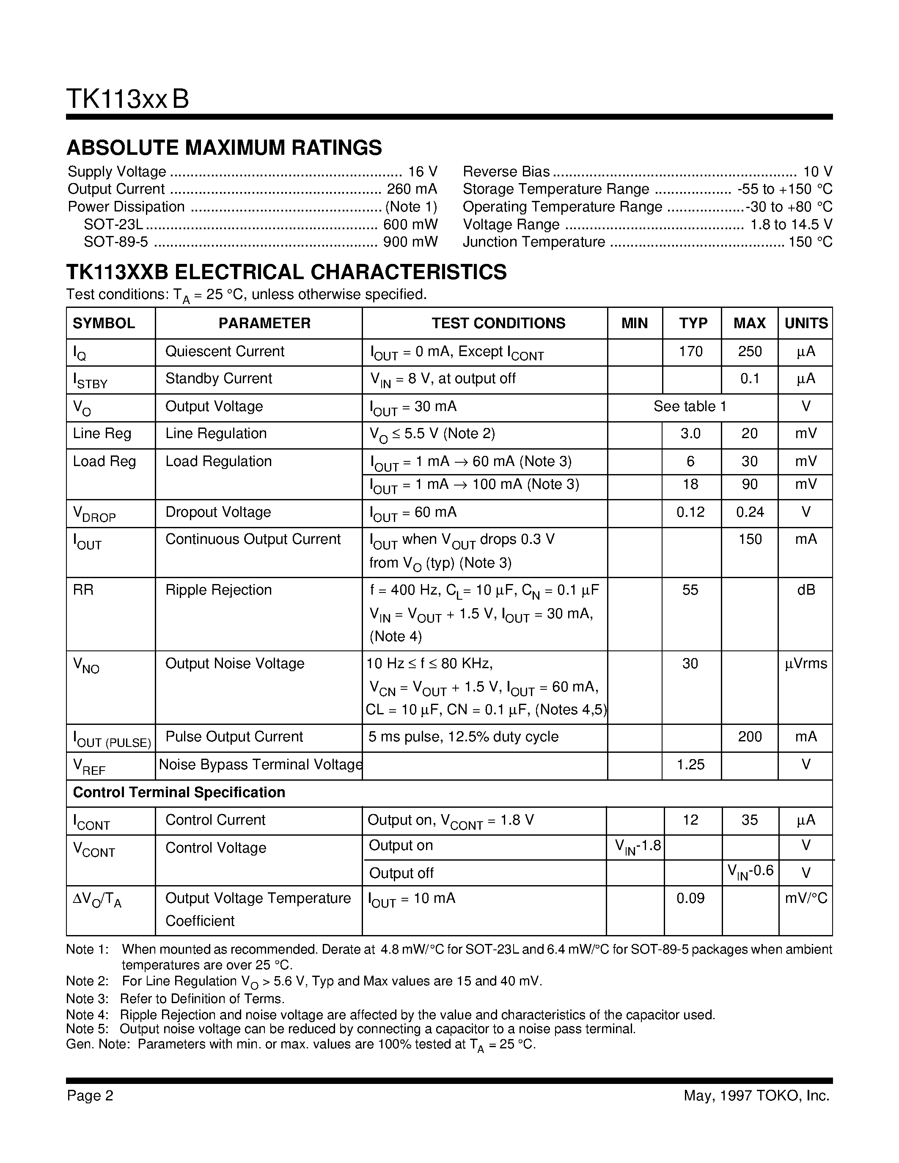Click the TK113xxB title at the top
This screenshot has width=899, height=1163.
pos(127,99)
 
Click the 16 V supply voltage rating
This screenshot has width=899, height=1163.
pos(422,171)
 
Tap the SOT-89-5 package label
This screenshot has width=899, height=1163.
pos(115,242)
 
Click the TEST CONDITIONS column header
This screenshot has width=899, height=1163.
pos(498,323)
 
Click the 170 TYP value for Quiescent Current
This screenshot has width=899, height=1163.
pos(691,351)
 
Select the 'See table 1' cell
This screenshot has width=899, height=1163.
pos(690,406)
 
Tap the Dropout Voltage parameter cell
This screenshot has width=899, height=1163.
pos(218,512)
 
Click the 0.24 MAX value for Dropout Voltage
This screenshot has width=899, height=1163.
pos(749,512)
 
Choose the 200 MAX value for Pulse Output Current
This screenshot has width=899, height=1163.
pos(749,736)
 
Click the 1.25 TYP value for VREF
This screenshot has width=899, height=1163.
pos(690,764)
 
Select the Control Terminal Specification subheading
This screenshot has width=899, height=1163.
pos(179,793)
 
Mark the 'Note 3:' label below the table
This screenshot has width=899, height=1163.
pos(87,998)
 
